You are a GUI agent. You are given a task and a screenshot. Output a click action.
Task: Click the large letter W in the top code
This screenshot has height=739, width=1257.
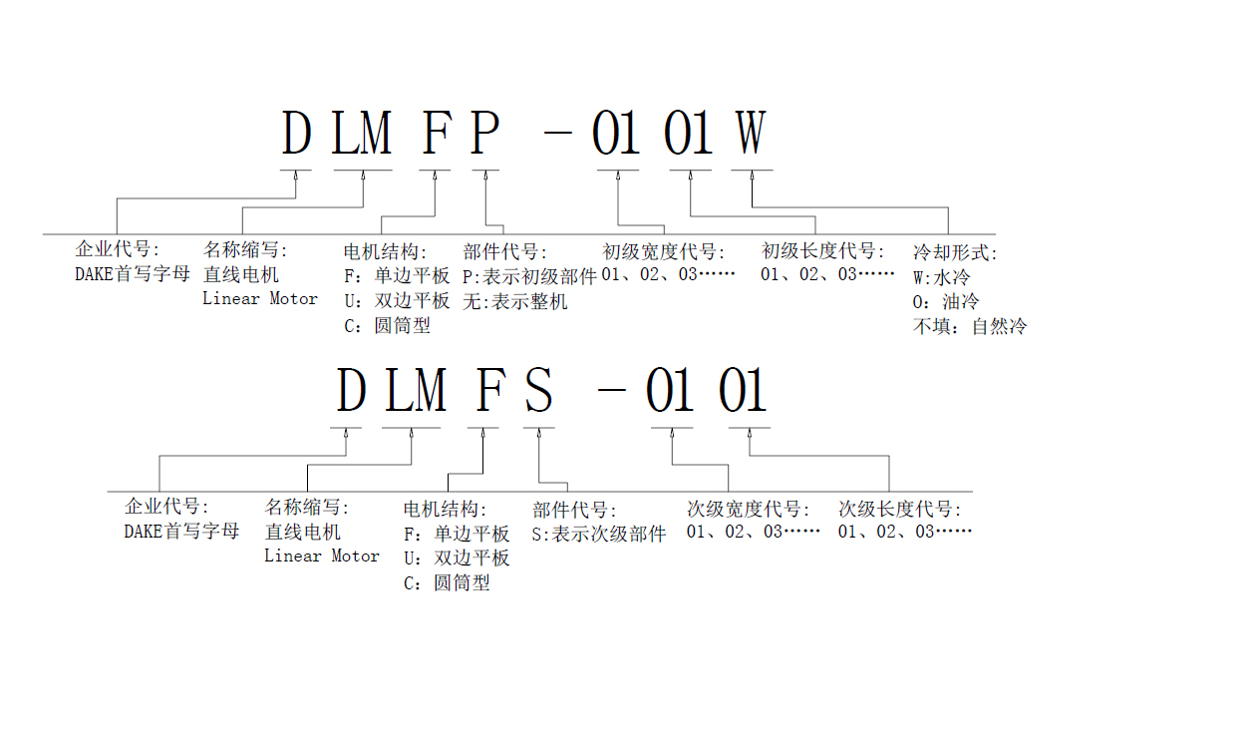click(x=751, y=133)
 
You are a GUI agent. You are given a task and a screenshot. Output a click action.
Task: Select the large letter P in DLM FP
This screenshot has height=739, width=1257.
click(x=484, y=133)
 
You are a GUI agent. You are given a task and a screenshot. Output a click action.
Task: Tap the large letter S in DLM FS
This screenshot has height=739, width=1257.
click(x=538, y=390)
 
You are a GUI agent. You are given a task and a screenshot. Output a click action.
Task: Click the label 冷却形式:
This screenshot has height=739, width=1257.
click(x=954, y=253)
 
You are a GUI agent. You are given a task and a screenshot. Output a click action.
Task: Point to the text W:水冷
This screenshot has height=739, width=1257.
click(x=941, y=276)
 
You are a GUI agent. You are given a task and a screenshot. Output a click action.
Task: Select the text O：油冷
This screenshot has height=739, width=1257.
click(x=946, y=301)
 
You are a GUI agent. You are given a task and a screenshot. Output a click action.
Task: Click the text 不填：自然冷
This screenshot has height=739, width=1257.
click(x=969, y=326)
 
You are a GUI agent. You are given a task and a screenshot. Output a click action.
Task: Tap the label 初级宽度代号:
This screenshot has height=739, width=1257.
click(x=664, y=251)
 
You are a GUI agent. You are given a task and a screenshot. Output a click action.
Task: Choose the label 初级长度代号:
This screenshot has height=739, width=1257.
click(x=823, y=250)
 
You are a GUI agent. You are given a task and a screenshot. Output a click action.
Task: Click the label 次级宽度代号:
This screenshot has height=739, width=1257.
click(x=749, y=509)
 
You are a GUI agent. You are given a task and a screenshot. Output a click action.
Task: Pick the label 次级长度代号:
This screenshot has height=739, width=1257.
click(x=901, y=509)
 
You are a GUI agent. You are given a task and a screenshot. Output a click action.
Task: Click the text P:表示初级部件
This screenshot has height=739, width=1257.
click(x=529, y=276)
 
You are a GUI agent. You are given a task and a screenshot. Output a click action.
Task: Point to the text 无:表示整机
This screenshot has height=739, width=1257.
click(x=514, y=301)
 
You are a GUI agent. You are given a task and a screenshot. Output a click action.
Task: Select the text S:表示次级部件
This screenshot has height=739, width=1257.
click(x=598, y=535)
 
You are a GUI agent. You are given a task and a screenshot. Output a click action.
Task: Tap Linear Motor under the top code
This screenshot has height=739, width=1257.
click(x=259, y=298)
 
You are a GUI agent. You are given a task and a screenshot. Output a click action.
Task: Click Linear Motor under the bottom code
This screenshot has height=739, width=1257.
click(x=321, y=556)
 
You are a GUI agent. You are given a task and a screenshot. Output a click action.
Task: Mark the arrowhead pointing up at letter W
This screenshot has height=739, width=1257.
click(x=752, y=177)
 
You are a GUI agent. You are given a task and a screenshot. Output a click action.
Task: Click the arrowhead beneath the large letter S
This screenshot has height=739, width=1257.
click(x=538, y=434)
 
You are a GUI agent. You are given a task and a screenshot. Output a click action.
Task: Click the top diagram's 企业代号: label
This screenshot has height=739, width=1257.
click(x=117, y=249)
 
